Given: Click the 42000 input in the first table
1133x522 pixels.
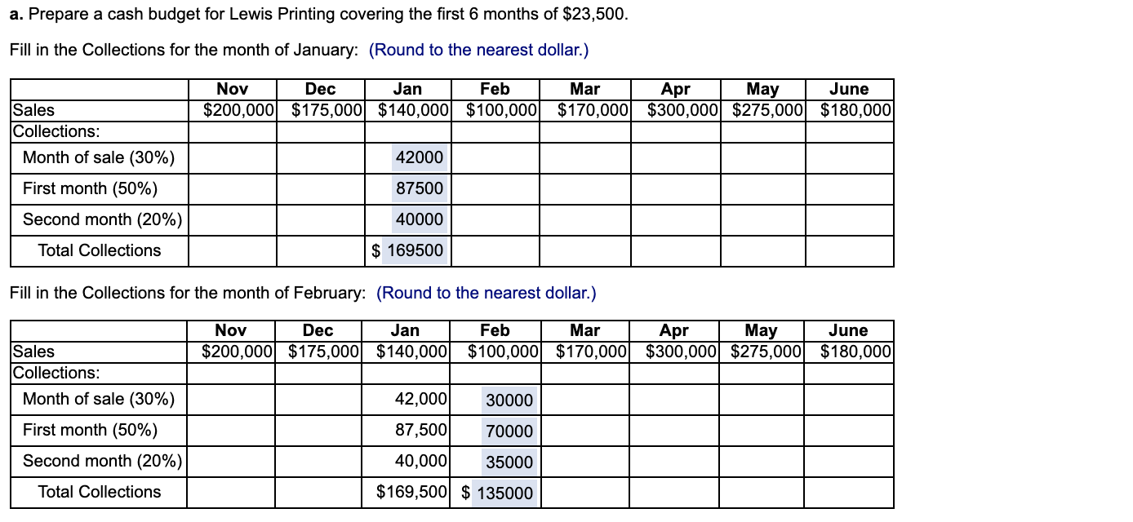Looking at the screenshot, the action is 419,157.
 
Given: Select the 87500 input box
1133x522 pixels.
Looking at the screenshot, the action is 419,188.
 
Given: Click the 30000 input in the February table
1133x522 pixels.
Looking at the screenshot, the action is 509,400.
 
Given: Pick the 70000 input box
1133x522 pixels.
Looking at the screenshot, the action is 509,431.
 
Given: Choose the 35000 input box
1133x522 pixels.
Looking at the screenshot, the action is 509,462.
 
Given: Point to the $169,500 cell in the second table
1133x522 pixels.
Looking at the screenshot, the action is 411,492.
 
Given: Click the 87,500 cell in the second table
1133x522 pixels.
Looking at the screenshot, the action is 420,430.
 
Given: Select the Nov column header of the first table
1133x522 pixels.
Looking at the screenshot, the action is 233,89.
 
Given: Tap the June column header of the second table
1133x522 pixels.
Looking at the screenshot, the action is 848,330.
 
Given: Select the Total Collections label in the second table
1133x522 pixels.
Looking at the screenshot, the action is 100,492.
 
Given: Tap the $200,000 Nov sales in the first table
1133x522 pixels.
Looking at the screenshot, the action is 237,109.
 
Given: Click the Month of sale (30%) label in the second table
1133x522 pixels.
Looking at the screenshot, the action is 99,399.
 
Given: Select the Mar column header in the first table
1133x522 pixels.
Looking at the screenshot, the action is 584,89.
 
